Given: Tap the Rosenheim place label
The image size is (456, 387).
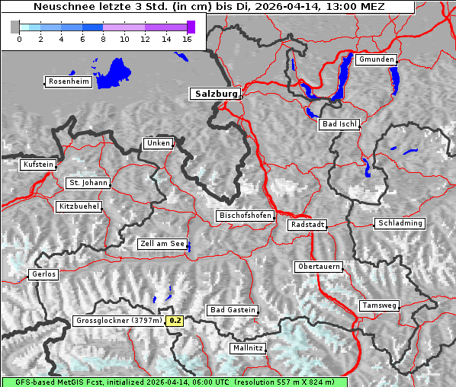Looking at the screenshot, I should [68, 82].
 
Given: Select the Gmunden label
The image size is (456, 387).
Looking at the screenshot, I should [376, 59].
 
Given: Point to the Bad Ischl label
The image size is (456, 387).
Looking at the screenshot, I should [339, 124].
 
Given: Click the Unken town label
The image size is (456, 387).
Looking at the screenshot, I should [157, 143].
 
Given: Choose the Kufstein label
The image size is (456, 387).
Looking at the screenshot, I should [38, 165].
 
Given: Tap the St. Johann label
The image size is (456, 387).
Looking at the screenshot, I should [88, 183].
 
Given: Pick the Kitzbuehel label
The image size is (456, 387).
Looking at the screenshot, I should [79, 206].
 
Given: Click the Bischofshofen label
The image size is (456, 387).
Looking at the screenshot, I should [245, 216].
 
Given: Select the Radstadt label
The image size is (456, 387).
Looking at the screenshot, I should [307, 225].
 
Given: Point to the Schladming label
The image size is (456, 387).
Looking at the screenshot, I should [399, 223].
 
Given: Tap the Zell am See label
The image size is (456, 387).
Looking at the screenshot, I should [162, 244].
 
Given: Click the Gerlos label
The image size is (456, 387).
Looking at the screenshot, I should [43, 274].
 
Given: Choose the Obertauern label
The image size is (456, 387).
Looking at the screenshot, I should [318, 267].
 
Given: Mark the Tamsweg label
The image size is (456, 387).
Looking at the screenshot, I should [379, 305].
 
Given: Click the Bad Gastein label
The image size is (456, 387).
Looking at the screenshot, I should [232, 310].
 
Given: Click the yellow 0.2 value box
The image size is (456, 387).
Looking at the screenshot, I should [175, 321].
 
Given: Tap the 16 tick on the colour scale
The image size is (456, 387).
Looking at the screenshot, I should [186, 39].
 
